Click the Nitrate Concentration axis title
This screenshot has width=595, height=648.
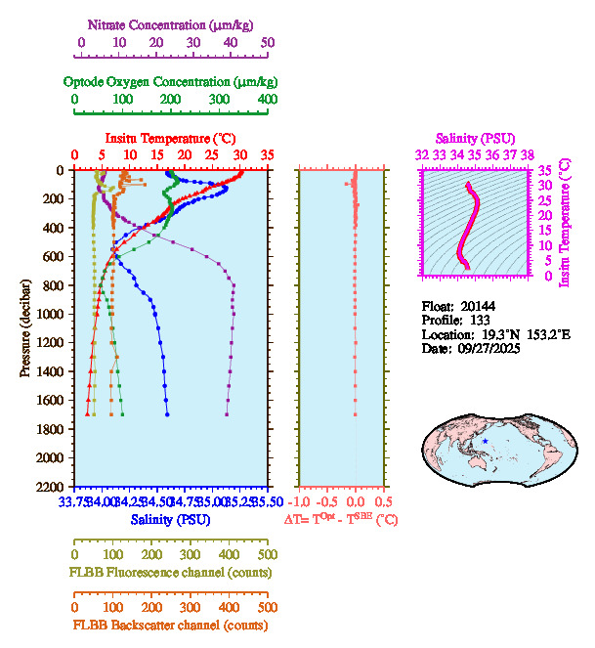[174, 22]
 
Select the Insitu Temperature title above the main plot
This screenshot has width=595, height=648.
[170, 138]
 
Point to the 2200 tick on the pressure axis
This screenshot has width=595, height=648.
[50, 486]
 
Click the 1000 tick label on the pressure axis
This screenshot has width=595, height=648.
[50, 314]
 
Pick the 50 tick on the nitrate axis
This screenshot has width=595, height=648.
[269, 43]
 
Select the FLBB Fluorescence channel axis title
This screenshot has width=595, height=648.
[170, 572]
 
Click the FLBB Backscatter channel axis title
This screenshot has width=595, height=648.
[170, 625]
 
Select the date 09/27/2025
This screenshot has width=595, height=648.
[488, 348]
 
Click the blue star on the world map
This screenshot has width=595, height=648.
[486, 441]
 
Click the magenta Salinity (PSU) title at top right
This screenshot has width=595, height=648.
[475, 139]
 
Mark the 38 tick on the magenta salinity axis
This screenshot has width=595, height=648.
[528, 154]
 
